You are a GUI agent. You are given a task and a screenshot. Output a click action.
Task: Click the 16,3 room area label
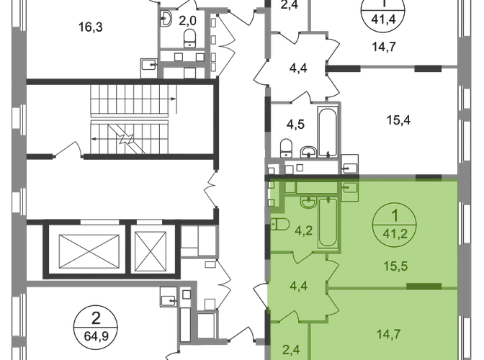click(91, 27)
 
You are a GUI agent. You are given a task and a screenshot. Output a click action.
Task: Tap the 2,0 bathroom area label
click(187, 21)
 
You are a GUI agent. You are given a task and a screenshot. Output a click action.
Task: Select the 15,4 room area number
click(398, 120)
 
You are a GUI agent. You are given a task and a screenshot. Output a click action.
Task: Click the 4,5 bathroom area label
click(295, 125)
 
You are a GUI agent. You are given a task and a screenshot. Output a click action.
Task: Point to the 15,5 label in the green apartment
click(395, 266)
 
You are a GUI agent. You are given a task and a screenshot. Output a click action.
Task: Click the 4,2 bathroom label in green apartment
click(304, 230)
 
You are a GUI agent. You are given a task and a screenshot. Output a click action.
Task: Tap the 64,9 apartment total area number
click(96, 336)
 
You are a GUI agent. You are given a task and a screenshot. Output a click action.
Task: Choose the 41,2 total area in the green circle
click(395, 233)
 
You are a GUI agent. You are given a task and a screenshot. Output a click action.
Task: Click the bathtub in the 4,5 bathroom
click(328, 132)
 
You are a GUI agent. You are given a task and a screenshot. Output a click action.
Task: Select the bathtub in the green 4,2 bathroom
click(328, 222)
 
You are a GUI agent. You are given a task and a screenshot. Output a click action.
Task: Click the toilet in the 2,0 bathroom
click(189, 39)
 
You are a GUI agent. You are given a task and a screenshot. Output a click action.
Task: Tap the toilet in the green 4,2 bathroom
click(279, 224)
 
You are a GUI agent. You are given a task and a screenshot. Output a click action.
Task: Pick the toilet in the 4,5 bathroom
click(287, 148)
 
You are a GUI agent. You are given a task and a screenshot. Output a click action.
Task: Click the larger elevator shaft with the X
click(89, 252)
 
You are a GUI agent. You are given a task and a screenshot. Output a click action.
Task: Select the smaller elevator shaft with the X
click(151, 251)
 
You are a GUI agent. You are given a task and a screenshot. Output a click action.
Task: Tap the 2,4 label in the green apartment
click(291, 350)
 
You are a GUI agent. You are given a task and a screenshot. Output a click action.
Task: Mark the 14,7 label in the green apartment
click(389, 334)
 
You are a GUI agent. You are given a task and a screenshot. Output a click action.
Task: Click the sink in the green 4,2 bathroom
click(308, 202)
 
